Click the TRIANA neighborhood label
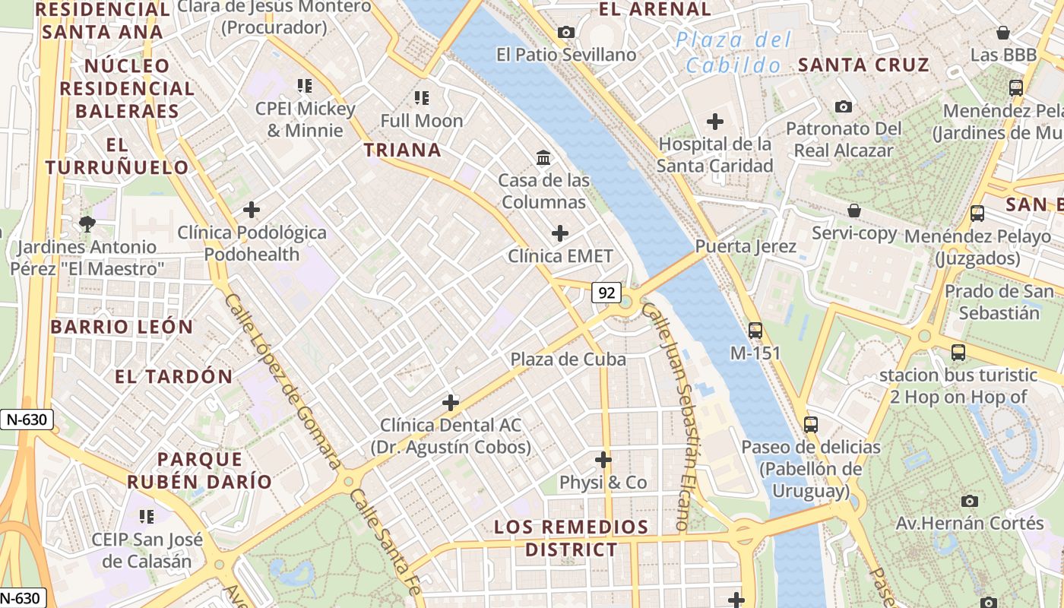click(x=402, y=150)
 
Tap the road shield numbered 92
click(x=606, y=293)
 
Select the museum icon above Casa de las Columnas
click(x=544, y=158)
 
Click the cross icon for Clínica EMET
click(x=560, y=233)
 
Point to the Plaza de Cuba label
click(x=568, y=359)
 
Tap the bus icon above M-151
click(x=755, y=331)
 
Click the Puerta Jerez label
click(x=746, y=246)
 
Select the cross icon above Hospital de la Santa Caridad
click(x=714, y=121)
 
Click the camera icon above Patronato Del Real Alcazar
click(x=843, y=106)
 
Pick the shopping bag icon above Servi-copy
click(x=854, y=211)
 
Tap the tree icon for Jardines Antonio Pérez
click(x=87, y=223)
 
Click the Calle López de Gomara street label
click(x=282, y=382)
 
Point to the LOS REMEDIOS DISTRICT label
click(x=572, y=538)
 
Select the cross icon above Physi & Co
click(x=603, y=460)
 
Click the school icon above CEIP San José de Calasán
click(x=147, y=517)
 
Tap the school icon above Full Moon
click(x=422, y=97)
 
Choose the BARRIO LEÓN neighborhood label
click(x=122, y=327)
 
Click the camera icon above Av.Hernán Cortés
click(x=969, y=501)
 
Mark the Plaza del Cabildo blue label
click(x=733, y=52)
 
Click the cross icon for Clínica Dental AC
click(x=451, y=402)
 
